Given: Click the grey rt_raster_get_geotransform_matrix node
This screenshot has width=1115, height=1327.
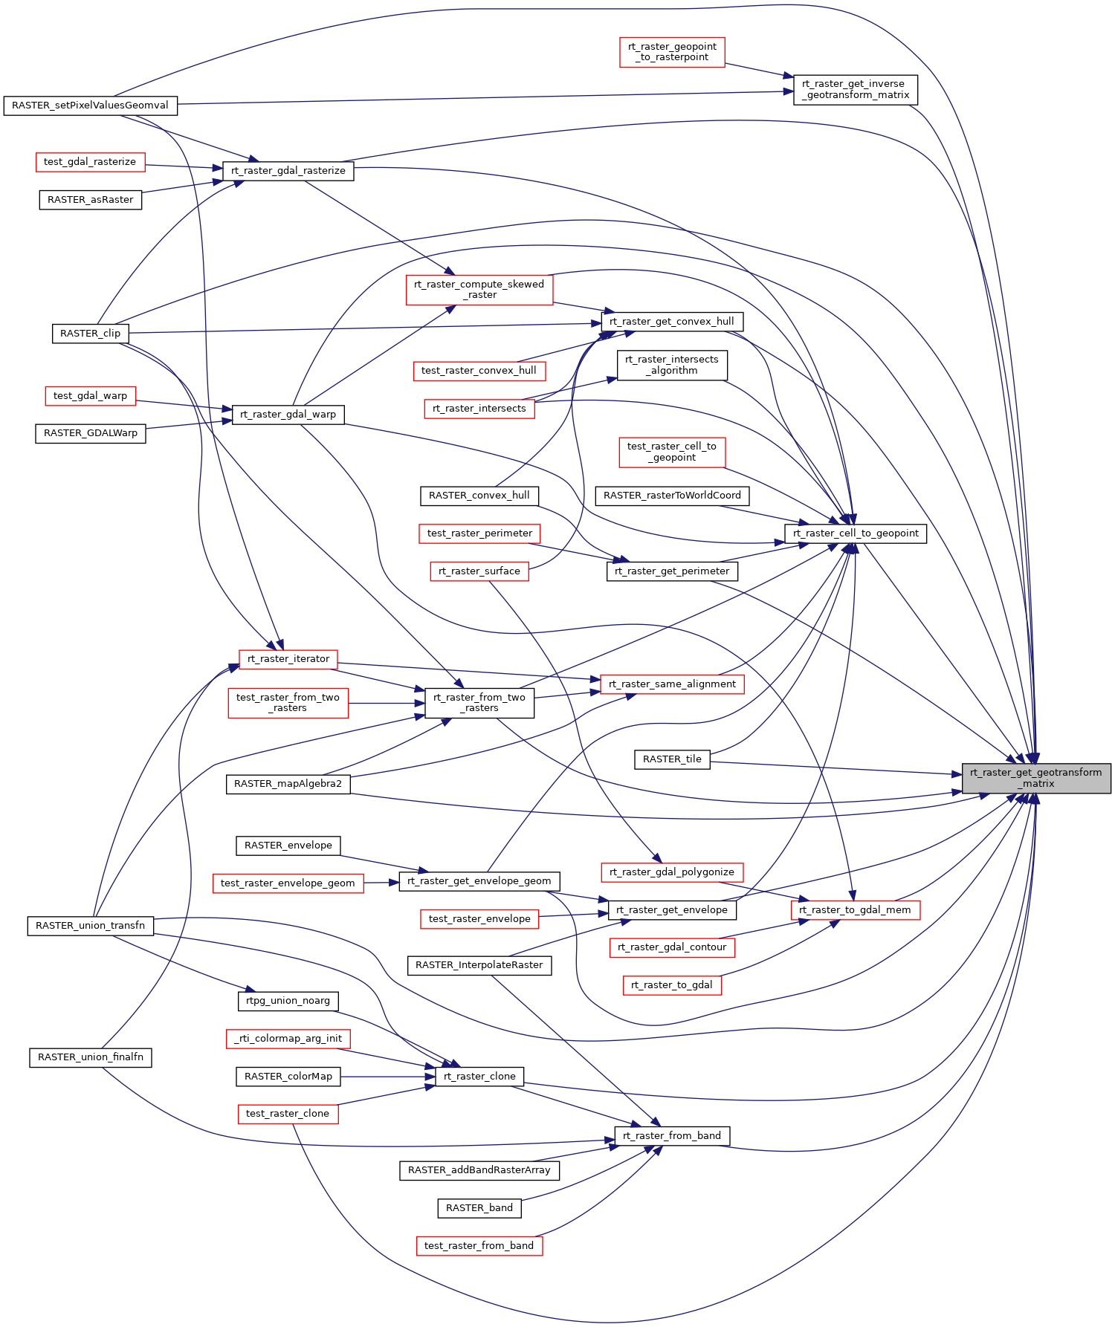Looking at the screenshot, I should click(1035, 778).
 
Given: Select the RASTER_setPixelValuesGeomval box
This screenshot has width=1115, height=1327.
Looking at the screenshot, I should click(90, 106).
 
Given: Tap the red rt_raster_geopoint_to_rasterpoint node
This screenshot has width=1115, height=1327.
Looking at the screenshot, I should click(672, 52).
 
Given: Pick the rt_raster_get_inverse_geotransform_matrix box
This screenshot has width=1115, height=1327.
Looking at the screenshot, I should click(855, 90).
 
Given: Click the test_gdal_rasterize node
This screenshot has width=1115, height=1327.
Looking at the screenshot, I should click(90, 162).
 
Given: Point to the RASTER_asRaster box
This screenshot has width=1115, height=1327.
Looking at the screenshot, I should click(90, 200).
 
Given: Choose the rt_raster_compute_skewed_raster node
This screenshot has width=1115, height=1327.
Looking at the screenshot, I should click(479, 290).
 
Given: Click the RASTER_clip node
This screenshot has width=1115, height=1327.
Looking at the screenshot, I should click(90, 334).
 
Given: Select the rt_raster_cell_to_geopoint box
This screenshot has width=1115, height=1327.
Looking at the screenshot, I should click(855, 533).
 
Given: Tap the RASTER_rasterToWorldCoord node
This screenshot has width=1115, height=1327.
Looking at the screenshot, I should click(672, 496).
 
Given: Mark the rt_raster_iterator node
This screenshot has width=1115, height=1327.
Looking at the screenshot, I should click(288, 659).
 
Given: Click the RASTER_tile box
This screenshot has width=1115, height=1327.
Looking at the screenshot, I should click(672, 759).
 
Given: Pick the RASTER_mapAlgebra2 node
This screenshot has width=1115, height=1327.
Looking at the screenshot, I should click(288, 784).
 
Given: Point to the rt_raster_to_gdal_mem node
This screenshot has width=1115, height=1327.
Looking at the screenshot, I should click(855, 910).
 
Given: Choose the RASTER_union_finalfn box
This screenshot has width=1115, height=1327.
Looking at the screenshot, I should click(90, 1057).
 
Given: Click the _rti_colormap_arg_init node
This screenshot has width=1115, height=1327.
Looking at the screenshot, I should click(288, 1039).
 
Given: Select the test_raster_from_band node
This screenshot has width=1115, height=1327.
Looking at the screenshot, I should click(479, 1246).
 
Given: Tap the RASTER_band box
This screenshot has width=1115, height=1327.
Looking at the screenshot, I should click(479, 1208).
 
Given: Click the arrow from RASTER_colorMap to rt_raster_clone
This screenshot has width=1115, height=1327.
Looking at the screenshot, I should click(387, 1077).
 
